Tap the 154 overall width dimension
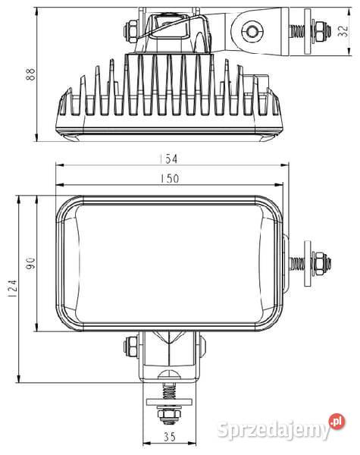[x=169, y=160]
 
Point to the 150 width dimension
[x=169, y=179]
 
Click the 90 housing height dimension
[x=31, y=262]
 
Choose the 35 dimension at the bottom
[x=169, y=438]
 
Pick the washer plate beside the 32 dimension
[x=307, y=31]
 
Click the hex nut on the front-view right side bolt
[x=320, y=263]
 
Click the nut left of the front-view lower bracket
[x=128, y=347]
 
